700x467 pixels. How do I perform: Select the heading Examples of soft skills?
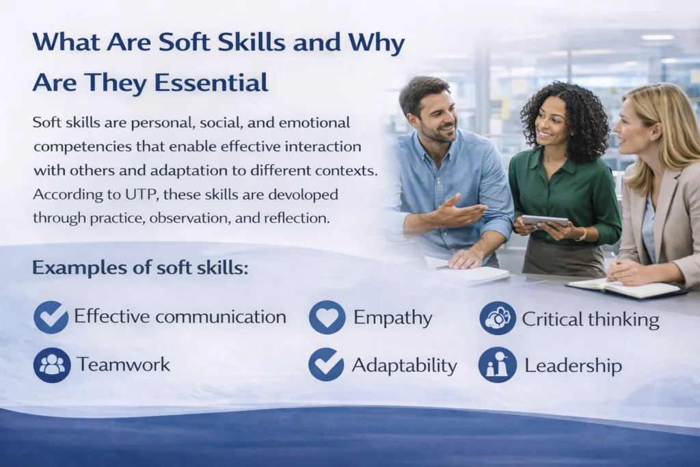[x=140, y=267]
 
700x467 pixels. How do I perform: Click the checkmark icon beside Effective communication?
[x=51, y=317]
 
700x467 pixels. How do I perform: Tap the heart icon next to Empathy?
[x=327, y=317]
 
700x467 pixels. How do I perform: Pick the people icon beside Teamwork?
[x=52, y=364]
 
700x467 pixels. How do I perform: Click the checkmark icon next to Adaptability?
[x=326, y=364]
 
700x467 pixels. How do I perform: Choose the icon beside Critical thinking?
[x=498, y=319]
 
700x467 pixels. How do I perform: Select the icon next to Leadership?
[x=498, y=364]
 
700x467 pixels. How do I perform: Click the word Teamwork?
[x=123, y=364]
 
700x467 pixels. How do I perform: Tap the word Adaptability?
[x=405, y=366]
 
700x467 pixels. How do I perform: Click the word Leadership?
[x=574, y=366]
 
